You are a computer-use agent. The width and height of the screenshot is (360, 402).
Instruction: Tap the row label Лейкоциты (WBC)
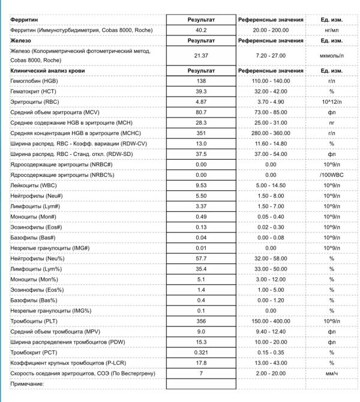pos(33,186)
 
